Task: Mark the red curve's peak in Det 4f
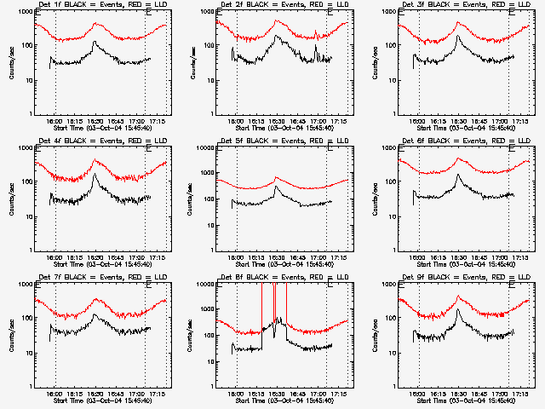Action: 95,160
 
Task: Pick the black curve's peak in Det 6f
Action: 458,175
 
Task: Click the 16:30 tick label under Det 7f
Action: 95,394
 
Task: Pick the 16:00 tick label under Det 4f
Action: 54,257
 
